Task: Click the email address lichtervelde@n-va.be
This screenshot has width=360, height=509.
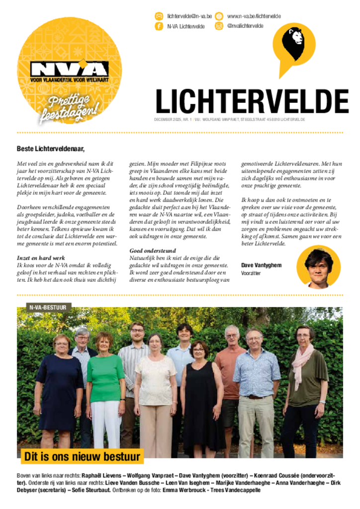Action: coord(189,16)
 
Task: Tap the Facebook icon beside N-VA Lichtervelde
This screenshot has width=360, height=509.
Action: coord(159,26)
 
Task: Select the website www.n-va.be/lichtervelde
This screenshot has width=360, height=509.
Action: coord(254,16)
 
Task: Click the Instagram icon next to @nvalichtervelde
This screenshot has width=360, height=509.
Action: coord(219,26)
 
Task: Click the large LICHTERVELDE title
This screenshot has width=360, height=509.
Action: coord(252,102)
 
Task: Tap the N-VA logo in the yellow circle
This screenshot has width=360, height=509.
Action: coord(69,69)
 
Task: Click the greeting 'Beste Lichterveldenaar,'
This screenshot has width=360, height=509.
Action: coord(51,148)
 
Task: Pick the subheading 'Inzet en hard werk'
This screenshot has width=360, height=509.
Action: coord(41,258)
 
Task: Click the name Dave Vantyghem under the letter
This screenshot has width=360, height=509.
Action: coord(262,265)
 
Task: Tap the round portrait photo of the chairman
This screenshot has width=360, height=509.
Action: coord(318,267)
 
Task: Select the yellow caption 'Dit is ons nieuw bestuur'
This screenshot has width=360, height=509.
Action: coord(82,456)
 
